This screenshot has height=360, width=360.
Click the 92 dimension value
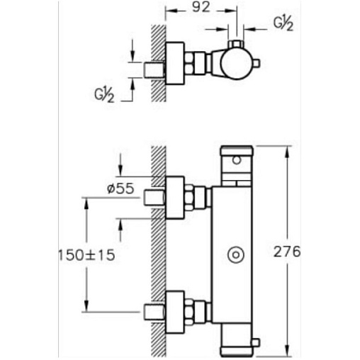[x=201, y=7]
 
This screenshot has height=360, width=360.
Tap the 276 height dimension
[x=287, y=252]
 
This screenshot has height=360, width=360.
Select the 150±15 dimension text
[x=86, y=255]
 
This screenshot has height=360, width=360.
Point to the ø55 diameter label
[x=120, y=189]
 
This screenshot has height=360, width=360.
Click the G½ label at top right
[x=283, y=23]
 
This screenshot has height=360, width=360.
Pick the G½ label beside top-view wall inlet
[x=104, y=95]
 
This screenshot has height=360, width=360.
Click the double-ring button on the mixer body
[x=236, y=255]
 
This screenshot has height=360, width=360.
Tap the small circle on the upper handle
[x=236, y=160]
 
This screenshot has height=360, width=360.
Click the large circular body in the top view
[x=236, y=64]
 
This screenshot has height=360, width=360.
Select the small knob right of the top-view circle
[x=257, y=63]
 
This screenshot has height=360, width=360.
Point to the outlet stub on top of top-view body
[x=236, y=45]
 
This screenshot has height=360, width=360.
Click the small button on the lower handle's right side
[x=257, y=342]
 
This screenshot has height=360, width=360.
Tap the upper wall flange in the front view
[x=175, y=198]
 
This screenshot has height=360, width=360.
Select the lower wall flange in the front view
[x=175, y=312]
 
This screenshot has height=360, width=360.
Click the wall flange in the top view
[x=175, y=63]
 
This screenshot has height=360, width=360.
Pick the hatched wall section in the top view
[x=158, y=63]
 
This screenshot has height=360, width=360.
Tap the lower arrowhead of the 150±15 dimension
[x=86, y=305]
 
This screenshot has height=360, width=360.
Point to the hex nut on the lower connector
[x=189, y=312]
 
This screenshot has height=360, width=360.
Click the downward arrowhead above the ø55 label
[x=120, y=170]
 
